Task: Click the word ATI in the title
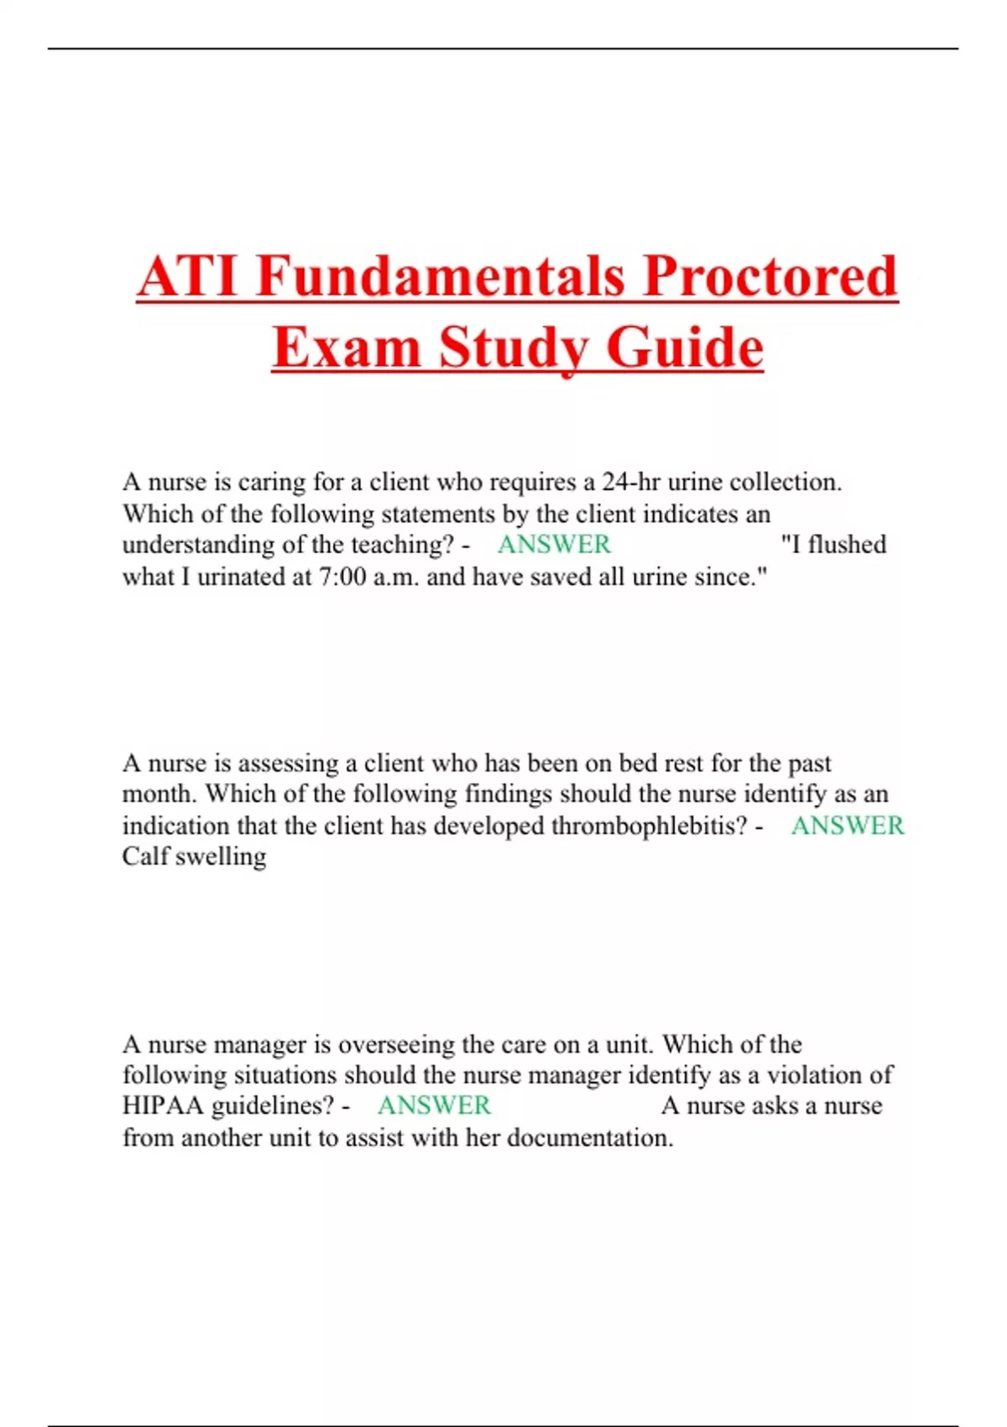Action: (x=190, y=276)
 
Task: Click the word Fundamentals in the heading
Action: (x=441, y=276)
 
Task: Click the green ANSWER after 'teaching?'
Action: (x=554, y=545)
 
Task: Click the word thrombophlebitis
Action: (x=649, y=825)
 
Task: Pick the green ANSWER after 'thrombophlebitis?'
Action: (x=848, y=825)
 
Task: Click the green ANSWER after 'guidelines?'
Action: (x=434, y=1106)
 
